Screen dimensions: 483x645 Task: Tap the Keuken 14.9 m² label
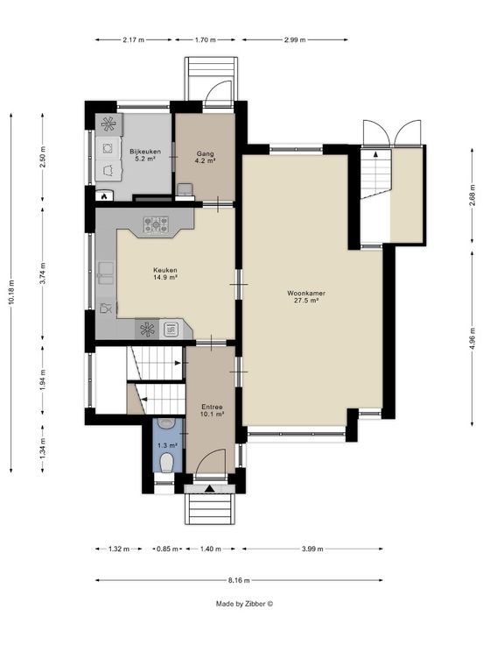pos(165,273)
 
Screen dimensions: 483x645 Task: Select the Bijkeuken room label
pos(145,154)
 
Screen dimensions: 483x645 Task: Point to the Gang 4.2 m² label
pos(205,157)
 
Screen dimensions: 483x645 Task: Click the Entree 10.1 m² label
pos(213,410)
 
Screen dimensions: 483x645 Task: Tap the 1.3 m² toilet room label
pos(168,445)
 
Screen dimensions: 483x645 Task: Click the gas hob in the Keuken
pos(156,224)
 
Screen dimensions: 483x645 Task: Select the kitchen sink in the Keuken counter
pos(106,273)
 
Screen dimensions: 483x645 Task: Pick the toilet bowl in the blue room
pos(166,464)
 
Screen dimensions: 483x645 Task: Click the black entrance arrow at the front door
pos(209,489)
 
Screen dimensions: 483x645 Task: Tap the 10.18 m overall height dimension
pos(11,292)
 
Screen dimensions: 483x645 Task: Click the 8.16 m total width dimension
pos(239,580)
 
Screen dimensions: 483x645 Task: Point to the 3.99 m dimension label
pos(312,549)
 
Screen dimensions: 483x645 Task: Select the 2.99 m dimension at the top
pos(295,40)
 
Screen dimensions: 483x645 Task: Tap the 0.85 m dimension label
pos(167,549)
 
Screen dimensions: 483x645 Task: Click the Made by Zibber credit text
pos(244,604)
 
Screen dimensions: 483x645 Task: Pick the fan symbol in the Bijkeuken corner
pos(108,124)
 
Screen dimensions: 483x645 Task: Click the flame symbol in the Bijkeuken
pos(104,196)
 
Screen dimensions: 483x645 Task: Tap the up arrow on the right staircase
pos(375,154)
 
